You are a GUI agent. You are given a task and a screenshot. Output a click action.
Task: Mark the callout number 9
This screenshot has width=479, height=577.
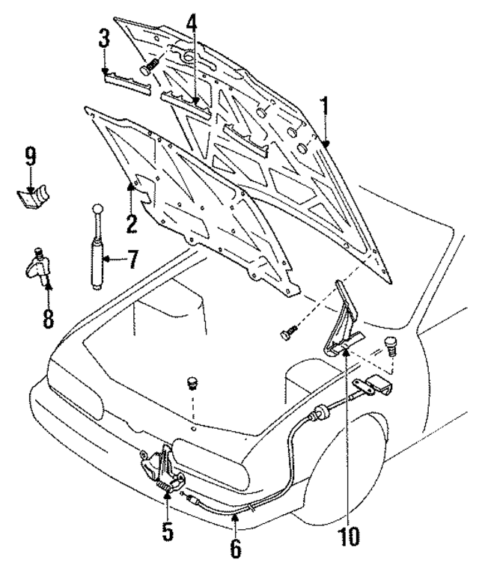click(31, 159)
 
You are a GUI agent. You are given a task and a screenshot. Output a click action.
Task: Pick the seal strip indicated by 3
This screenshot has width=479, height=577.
click(126, 79)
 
